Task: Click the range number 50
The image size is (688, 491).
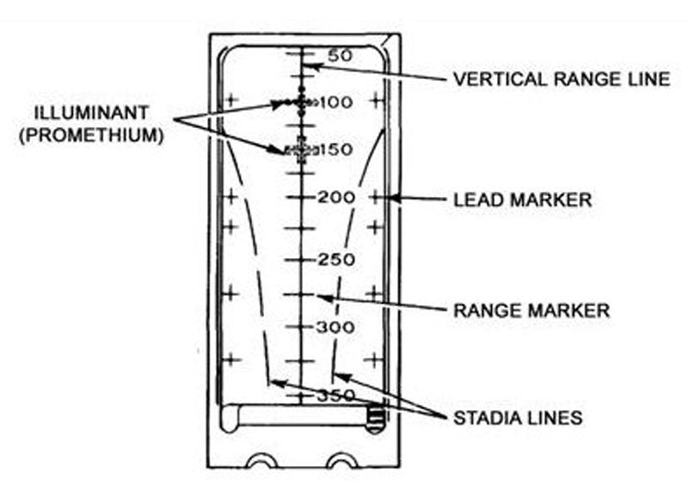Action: [341, 56]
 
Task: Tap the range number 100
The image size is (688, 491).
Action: [336, 102]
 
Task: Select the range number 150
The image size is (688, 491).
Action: [336, 150]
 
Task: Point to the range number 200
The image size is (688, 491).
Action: [336, 198]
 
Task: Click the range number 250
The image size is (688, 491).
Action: [336, 260]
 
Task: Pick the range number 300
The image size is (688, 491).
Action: [335, 328]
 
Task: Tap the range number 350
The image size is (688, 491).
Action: [336, 396]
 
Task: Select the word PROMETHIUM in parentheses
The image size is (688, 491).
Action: [91, 135]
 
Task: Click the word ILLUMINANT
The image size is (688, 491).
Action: [91, 113]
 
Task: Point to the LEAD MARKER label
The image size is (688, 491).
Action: [523, 200]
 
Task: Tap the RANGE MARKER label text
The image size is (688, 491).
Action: [531, 310]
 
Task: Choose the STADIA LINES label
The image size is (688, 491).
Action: [518, 418]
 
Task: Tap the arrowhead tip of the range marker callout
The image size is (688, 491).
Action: [316, 297]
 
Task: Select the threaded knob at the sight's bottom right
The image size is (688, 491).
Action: [376, 419]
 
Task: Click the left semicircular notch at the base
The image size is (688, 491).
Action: [262, 461]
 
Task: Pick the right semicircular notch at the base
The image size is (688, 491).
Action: [344, 461]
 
